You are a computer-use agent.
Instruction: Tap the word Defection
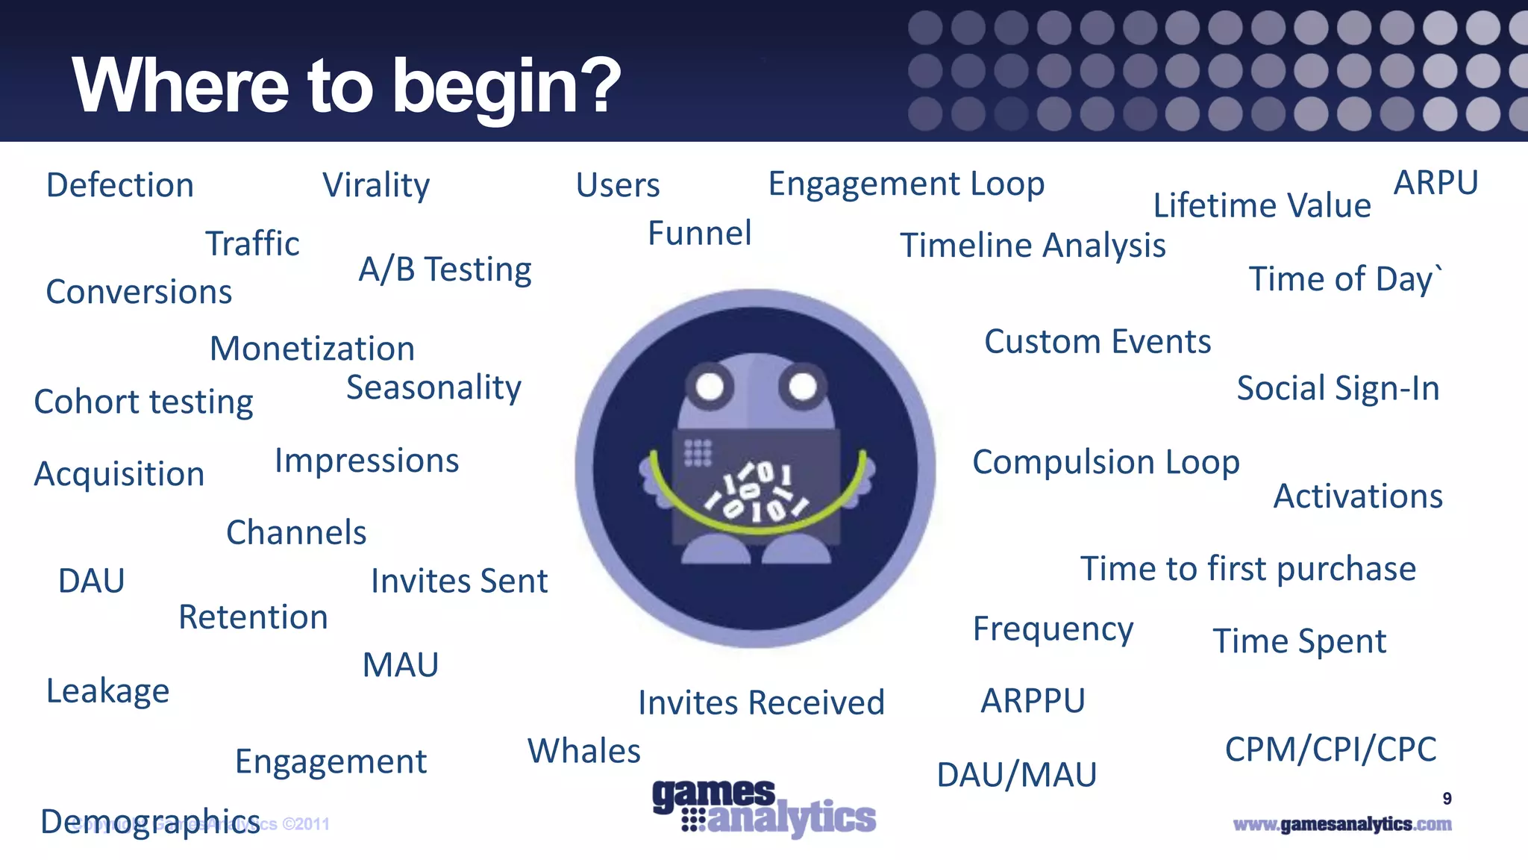pos(120,185)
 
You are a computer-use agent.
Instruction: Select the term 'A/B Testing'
pos(445,269)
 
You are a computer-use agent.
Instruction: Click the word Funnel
pos(699,233)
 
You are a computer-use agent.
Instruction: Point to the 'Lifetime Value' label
pos(1262,205)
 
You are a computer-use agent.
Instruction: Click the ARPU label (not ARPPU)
pos(1435,183)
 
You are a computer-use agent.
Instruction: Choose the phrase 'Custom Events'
pos(1097,342)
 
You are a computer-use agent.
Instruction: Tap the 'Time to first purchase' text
pos(1248,569)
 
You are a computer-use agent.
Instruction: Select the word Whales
pos(583,751)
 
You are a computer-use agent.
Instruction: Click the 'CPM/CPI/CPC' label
pos(1330,750)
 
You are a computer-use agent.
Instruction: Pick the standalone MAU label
pos(401,665)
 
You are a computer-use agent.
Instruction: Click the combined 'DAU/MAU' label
pos(1016,775)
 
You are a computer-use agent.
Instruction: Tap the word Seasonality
pos(433,387)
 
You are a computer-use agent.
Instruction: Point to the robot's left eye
pos(710,387)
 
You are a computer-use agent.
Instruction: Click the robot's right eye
pos(803,387)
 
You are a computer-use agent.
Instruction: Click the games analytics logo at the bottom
pos(763,808)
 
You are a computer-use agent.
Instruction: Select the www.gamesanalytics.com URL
pos(1341,824)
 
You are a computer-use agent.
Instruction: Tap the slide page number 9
pos(1447,799)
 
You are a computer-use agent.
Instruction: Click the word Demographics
pos(150,822)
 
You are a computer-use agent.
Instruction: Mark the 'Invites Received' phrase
pos(761,703)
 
